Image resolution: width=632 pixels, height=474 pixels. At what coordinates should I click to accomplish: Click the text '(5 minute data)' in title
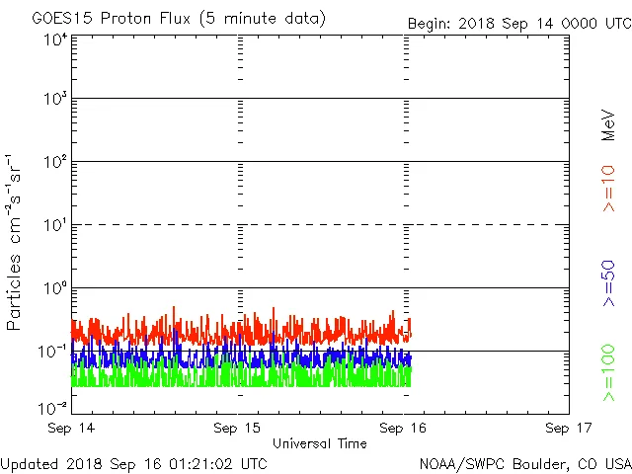267,19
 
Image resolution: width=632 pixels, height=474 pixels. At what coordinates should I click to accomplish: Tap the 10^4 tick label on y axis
54,39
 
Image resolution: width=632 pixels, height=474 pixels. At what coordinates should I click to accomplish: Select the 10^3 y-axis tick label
54,99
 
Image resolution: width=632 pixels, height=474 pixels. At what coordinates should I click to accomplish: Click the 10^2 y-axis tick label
54,162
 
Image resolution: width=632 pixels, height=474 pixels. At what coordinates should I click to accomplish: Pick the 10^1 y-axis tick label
54,225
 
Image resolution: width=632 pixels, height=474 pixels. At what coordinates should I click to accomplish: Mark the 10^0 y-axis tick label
54,288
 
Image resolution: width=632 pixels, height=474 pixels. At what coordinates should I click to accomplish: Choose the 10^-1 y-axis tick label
52,351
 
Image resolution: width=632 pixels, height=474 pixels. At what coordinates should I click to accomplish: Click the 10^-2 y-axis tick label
52,407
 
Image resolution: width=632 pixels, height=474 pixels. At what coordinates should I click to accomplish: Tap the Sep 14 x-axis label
72,429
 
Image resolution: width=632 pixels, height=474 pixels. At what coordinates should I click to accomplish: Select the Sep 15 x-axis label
238,429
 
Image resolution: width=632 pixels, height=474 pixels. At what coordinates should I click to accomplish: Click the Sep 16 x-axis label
404,429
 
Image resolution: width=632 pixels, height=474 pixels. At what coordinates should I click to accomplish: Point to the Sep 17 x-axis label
569,429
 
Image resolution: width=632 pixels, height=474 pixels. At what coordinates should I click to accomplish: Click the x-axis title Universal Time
320,444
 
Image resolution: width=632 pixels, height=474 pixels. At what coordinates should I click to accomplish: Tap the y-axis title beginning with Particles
16,242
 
